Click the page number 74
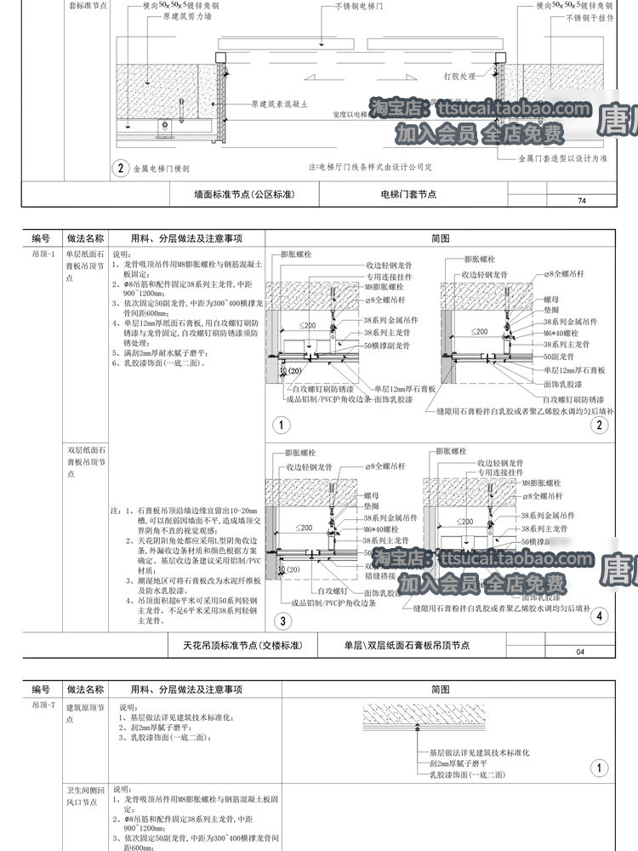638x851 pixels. [x=582, y=201]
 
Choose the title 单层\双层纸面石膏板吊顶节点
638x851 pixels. [x=407, y=646]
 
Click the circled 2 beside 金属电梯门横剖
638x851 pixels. [x=122, y=168]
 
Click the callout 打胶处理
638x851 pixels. [x=459, y=76]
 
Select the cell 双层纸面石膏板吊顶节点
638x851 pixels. [x=85, y=460]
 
